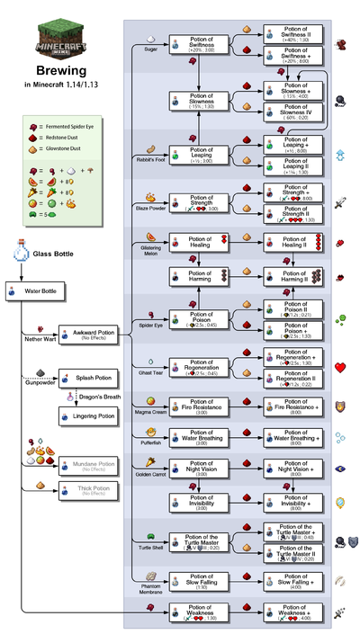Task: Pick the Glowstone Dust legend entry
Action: pyautogui.click(x=63, y=148)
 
